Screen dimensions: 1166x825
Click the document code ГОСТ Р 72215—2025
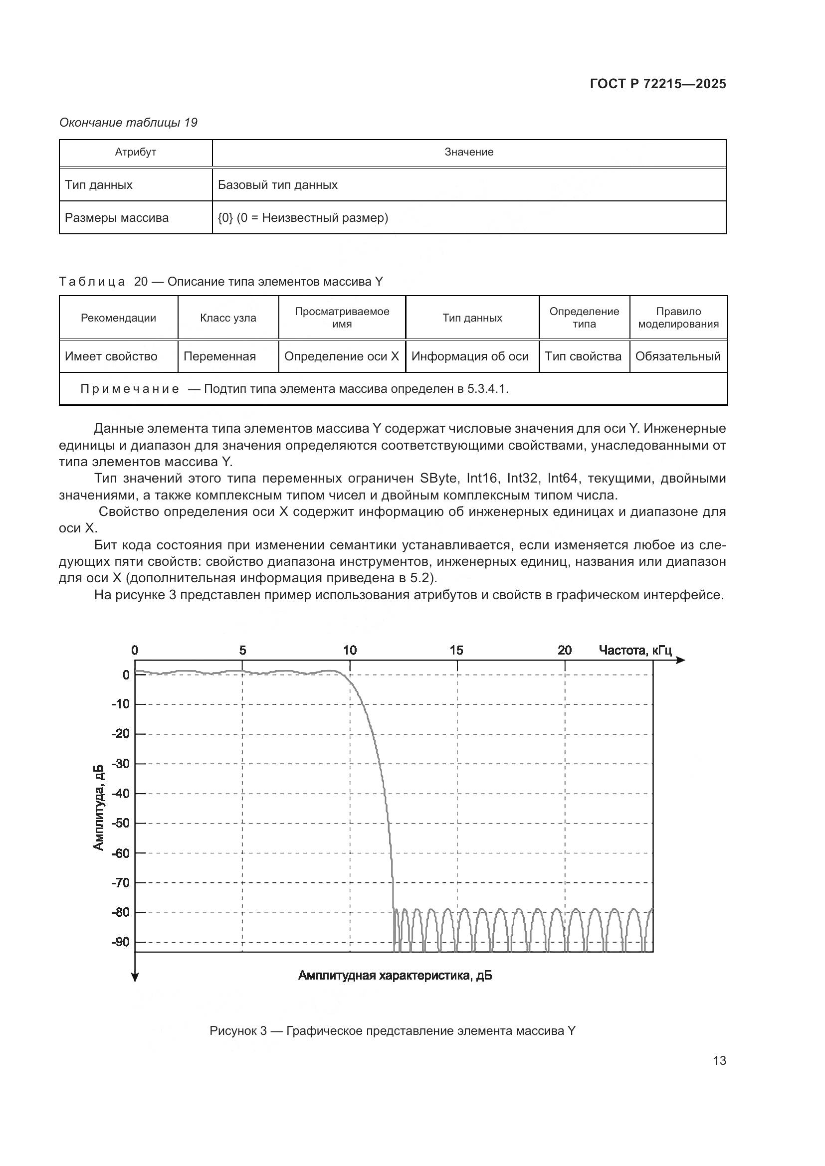coord(658,84)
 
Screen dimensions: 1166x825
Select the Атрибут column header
coord(136,152)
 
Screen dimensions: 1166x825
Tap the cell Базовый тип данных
coord(278,185)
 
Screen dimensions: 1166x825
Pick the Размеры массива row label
coord(117,218)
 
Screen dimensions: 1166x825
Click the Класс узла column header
coord(228,318)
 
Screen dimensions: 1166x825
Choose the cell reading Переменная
coord(220,356)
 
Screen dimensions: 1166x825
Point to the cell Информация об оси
coord(470,356)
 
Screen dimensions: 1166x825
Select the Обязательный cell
coord(678,356)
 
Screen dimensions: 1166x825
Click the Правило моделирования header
coord(678,318)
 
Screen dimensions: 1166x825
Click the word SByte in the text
coord(438,478)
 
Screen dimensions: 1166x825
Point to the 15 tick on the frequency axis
coord(456,650)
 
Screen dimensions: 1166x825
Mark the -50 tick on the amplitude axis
coord(120,823)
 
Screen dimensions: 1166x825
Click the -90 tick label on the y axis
coord(120,942)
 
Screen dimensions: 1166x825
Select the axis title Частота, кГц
coord(635,650)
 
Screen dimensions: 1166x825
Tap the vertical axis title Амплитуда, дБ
coord(99,807)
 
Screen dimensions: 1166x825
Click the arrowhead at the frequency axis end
coord(681,660)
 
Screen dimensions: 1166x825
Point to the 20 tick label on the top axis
coord(565,650)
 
